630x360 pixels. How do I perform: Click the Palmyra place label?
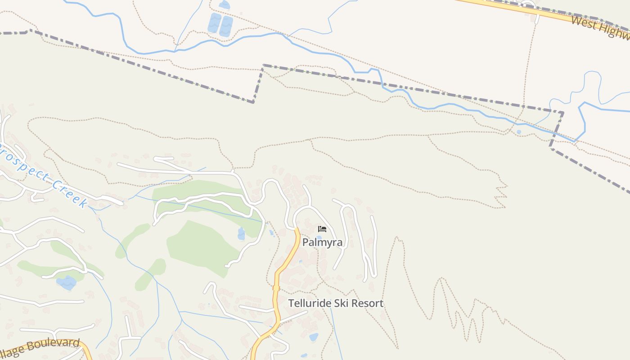coord(322,243)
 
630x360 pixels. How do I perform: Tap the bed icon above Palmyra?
coord(322,229)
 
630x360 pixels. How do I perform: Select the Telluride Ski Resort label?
coord(336,303)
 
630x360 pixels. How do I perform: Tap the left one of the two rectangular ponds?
coord(214,23)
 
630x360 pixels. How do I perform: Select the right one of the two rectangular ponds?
coord(226,26)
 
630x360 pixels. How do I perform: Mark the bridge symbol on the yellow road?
coord(276,288)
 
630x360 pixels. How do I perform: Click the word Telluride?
coord(309,303)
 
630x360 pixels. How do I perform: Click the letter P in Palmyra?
coord(306,243)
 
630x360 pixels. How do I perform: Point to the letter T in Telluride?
coord(291,303)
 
